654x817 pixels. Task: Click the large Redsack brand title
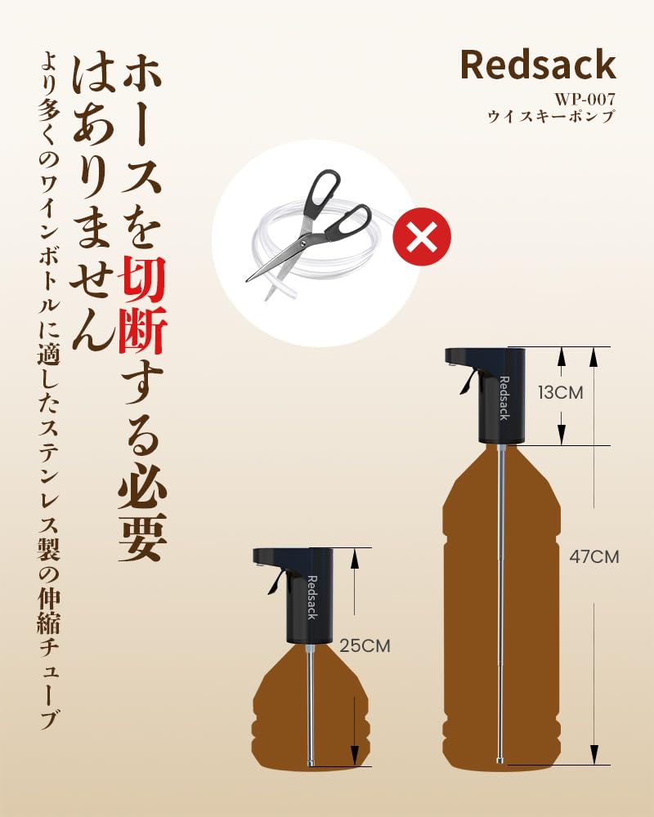pos(538,64)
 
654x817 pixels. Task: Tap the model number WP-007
pos(585,99)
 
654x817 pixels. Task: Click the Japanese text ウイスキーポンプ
pos(551,116)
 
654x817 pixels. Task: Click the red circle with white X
pos(421,236)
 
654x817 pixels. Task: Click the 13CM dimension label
pos(561,392)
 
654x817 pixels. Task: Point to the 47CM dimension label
pos(594,556)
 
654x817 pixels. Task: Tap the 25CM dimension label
pos(365,645)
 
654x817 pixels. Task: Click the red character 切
pos(142,280)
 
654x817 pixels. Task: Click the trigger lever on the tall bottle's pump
pos(468,382)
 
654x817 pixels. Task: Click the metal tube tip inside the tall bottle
pos(500,761)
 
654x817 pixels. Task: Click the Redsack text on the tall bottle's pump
pos(504,398)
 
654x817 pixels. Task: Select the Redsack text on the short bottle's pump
pos(311,598)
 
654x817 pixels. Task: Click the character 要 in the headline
pos(142,537)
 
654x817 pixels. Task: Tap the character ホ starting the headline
pos(142,76)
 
